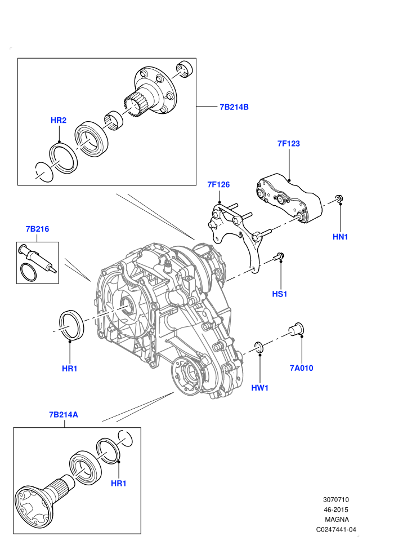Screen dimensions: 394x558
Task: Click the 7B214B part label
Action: click(234, 107)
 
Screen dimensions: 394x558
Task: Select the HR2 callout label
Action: click(59, 120)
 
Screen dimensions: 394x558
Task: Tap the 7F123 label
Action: click(289, 143)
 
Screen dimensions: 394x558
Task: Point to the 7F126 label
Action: click(218, 184)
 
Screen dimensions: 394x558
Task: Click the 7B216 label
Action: click(37, 229)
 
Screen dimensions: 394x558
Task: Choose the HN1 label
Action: click(340, 237)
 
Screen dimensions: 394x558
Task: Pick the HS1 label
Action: click(280, 294)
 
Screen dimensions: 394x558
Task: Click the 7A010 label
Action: click(301, 368)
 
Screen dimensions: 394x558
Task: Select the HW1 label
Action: click(259, 388)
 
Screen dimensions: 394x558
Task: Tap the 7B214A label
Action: click(64, 415)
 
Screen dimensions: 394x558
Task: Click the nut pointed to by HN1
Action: click(339, 200)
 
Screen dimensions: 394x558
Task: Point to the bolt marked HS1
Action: click(279, 256)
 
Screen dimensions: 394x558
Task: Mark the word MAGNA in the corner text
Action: click(337, 520)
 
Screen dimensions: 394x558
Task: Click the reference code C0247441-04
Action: click(336, 529)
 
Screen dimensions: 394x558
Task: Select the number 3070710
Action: click(336, 499)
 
